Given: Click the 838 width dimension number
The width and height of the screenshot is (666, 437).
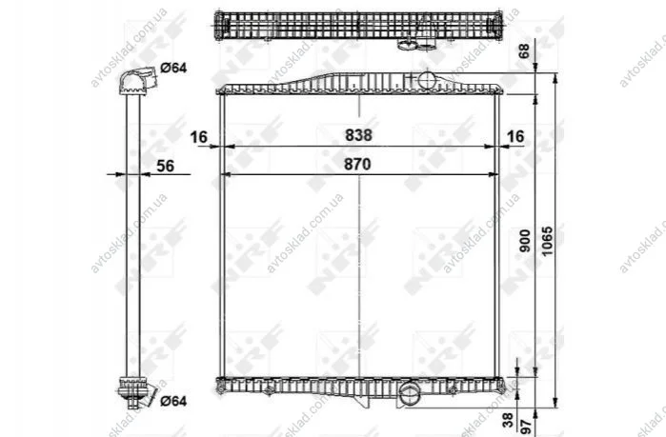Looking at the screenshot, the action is (358, 135).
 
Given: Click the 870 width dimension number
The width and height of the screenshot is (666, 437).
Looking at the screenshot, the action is (357, 164).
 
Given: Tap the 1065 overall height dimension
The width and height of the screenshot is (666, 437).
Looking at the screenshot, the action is (547, 241).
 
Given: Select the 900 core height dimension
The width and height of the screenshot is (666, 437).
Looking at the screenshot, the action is (525, 241).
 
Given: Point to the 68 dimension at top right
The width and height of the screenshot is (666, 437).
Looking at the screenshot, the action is (525, 50).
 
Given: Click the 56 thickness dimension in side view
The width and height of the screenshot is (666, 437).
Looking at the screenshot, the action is (165, 166).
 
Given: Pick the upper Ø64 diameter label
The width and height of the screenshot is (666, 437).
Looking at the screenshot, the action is (173, 68).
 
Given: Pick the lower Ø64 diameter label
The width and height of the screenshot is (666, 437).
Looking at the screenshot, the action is (173, 401).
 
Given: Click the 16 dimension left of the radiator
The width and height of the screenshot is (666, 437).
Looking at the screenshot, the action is (198, 137).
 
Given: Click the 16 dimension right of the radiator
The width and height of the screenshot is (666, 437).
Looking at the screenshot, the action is (515, 136).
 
